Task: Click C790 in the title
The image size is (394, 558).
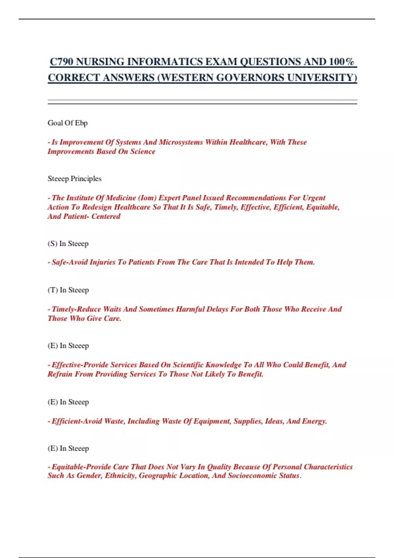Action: point(61,62)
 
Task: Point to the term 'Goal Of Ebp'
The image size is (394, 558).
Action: point(68,123)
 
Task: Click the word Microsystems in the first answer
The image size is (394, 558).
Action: point(181,142)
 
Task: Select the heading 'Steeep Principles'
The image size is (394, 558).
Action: point(75,179)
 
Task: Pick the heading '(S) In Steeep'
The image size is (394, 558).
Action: point(68,244)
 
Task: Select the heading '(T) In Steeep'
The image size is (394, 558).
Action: point(68,290)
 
